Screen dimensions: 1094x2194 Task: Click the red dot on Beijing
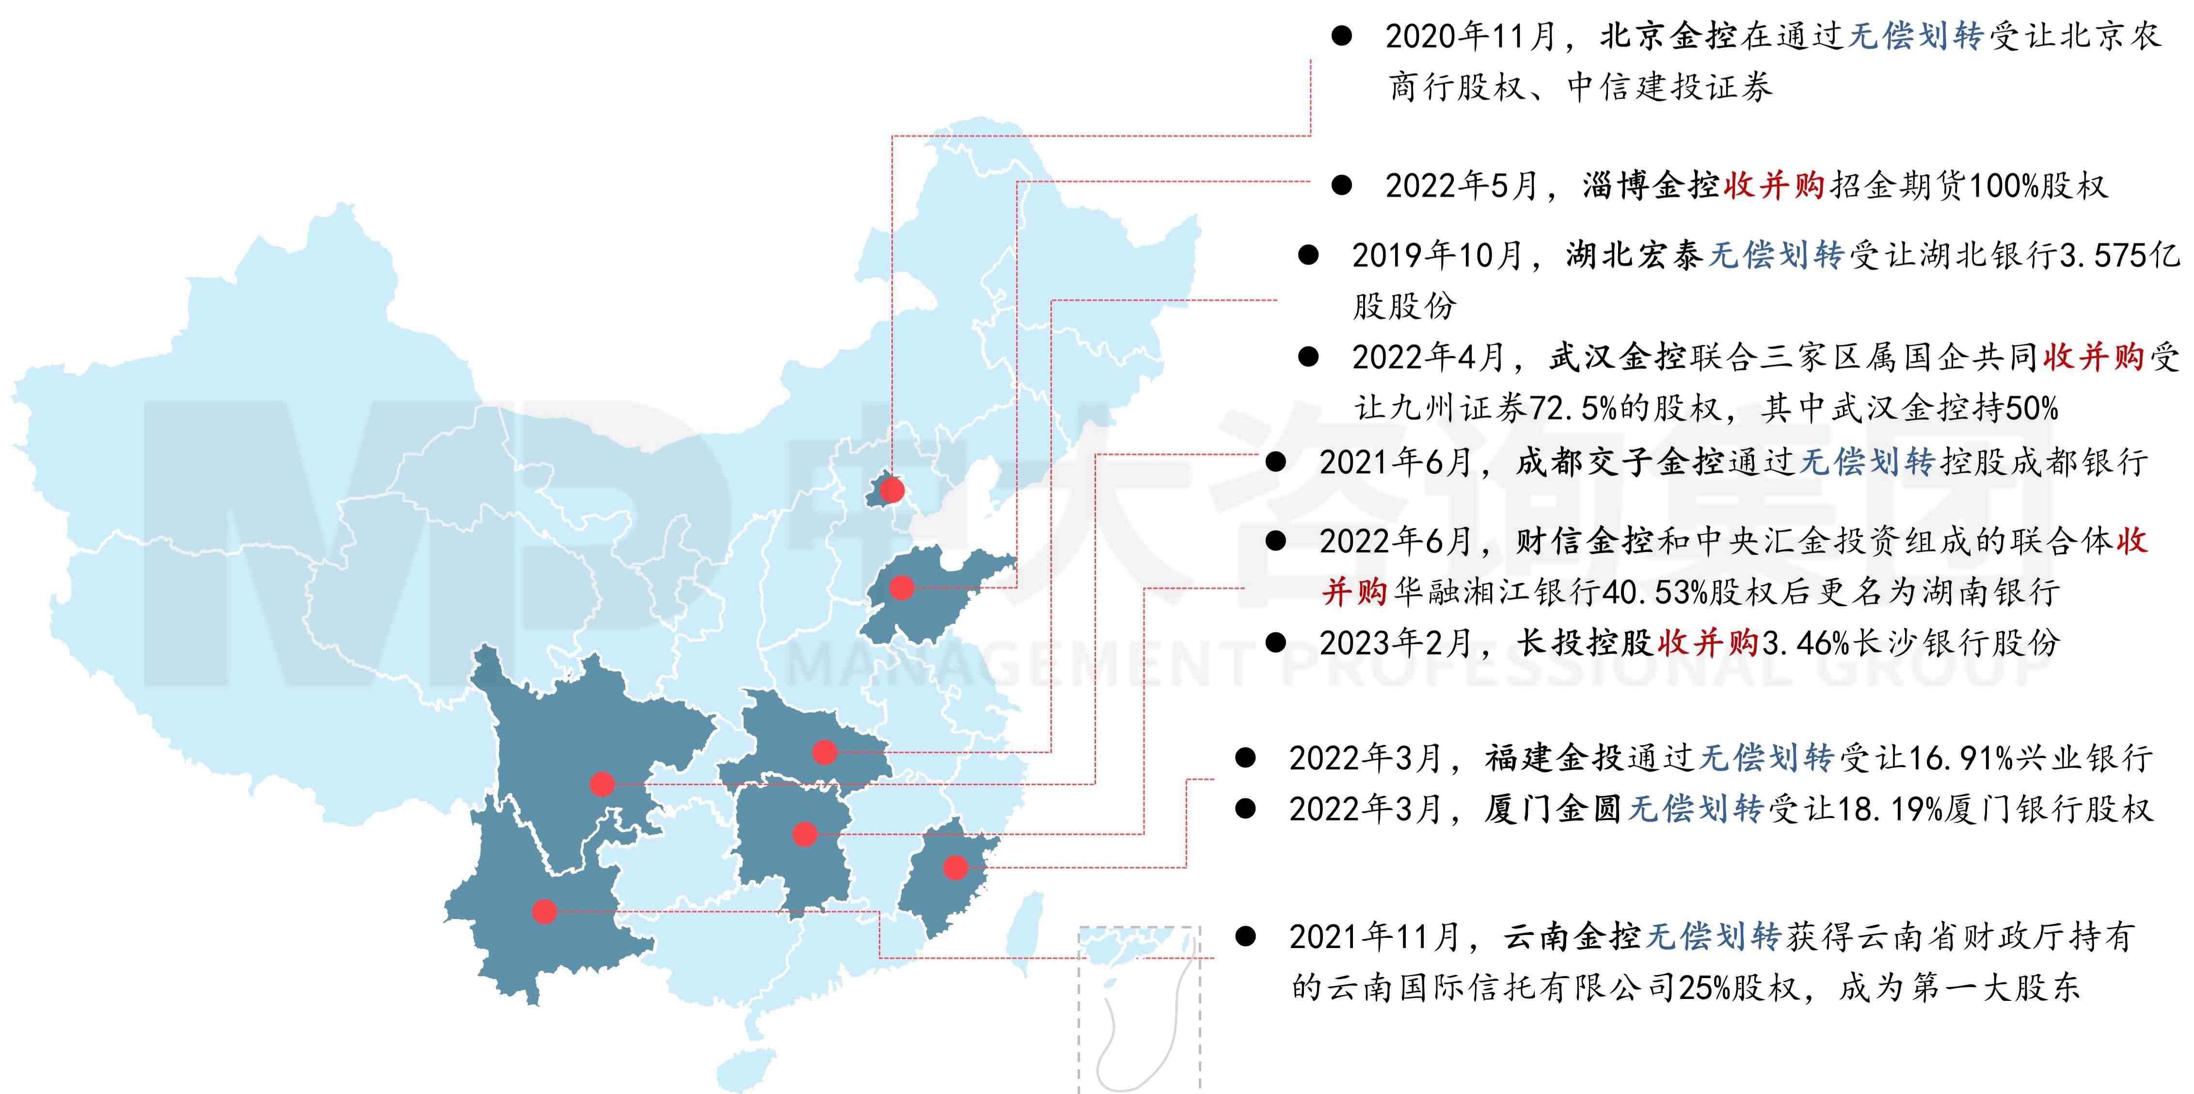pos(892,490)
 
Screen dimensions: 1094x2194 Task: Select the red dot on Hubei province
pos(824,752)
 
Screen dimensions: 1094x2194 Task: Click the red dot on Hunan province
pos(804,833)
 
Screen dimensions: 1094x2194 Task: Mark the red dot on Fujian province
pos(955,868)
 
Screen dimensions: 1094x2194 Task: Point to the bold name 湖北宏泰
pos(1634,255)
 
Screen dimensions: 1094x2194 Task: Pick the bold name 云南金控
pos(1572,937)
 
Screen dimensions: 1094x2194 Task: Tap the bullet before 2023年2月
pos(1275,643)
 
